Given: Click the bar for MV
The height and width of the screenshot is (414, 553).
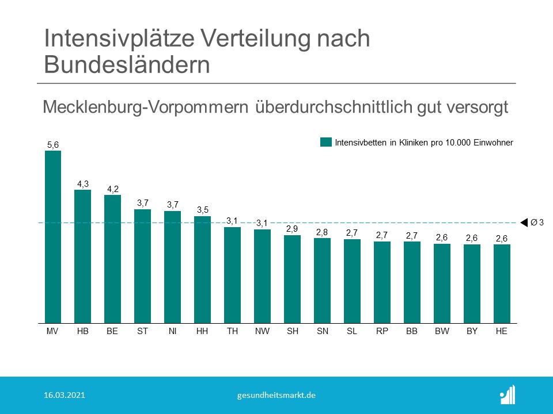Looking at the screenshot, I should tap(53, 237).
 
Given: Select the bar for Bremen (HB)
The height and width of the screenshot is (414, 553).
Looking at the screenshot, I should tap(83, 256).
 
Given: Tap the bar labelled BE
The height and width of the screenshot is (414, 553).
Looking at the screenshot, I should tap(113, 259).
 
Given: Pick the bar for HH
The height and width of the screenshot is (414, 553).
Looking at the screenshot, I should tap(202, 270).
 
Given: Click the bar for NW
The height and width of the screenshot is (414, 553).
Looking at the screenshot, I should tap(262, 276).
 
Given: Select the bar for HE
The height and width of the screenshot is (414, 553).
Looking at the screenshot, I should tap(502, 283).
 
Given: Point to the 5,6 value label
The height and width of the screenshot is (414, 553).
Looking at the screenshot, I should tap(53, 145).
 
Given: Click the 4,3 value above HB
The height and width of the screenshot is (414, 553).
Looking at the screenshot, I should tap(83, 184).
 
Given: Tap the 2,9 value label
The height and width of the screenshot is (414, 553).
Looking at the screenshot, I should tap(292, 229).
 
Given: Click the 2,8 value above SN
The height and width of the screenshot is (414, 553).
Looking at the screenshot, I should tap(322, 232).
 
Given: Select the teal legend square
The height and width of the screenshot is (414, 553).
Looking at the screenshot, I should tap(326, 143).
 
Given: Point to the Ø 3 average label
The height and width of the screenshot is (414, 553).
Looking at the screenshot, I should tap(537, 223).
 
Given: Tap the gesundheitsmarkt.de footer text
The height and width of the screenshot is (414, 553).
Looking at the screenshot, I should tap(276, 396).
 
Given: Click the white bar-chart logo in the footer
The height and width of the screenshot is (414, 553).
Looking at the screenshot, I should tap(507, 394).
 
